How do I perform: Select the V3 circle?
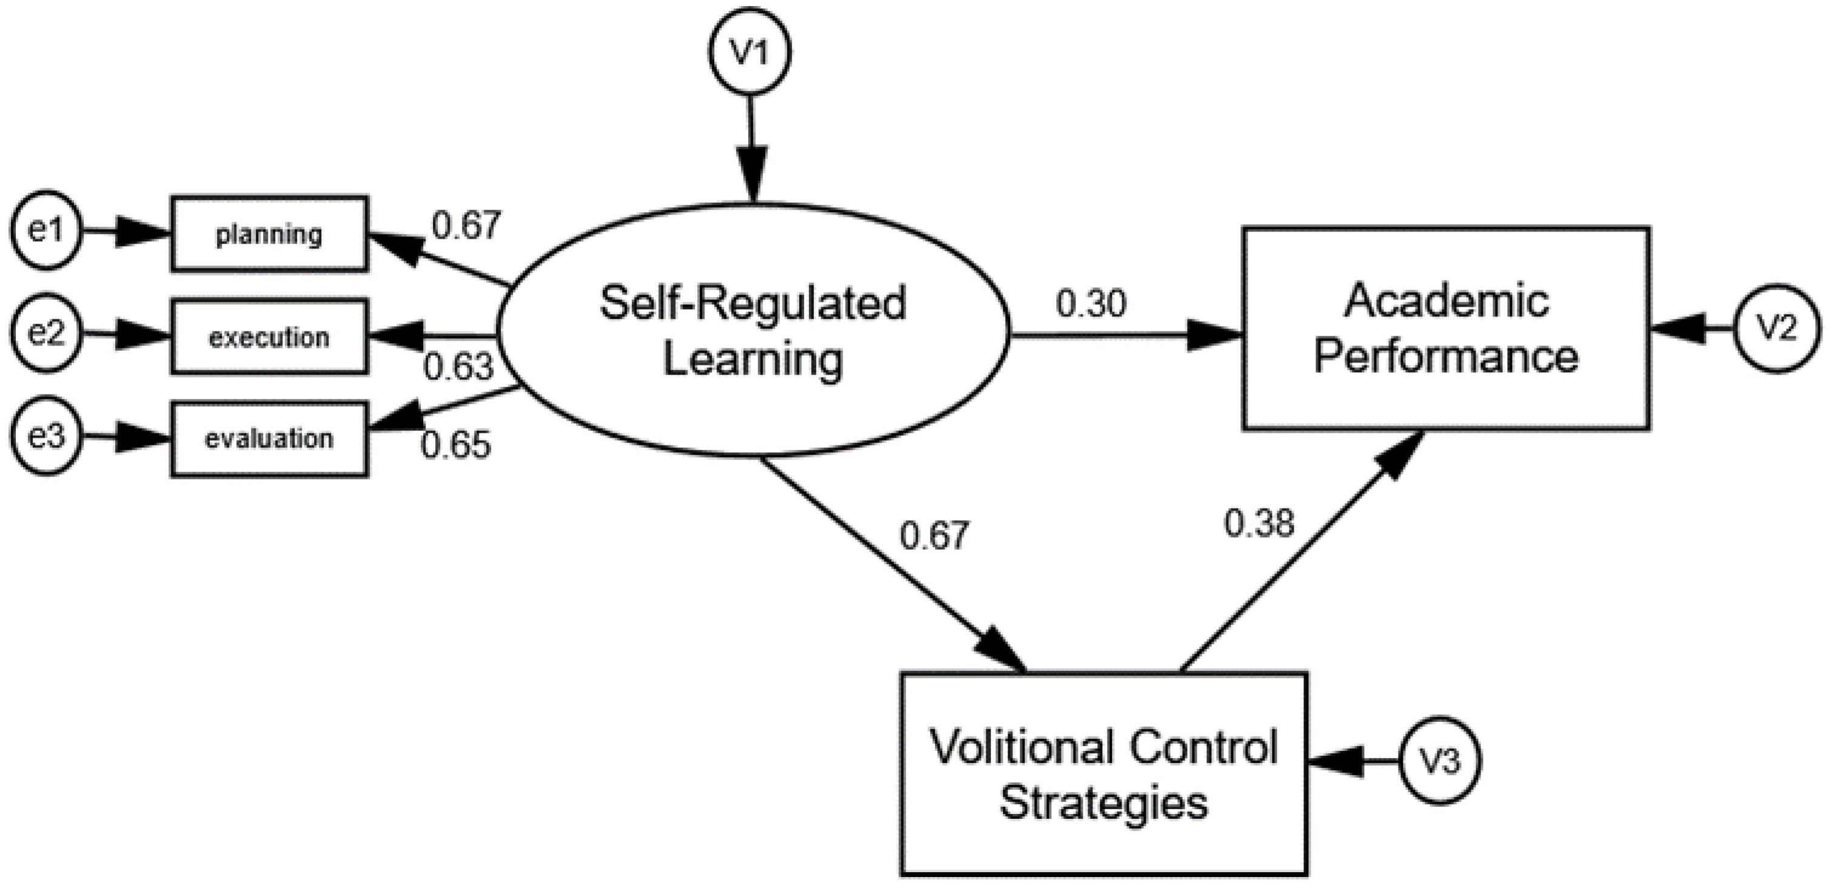(1439, 761)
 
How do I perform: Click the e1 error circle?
(46, 230)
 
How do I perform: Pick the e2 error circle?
(46, 333)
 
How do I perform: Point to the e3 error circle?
(46, 436)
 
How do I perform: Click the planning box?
(269, 233)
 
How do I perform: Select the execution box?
(269, 336)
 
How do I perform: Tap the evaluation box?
(269, 438)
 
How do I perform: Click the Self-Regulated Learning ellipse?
(752, 330)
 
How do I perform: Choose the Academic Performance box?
(1445, 328)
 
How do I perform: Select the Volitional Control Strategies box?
(1103, 774)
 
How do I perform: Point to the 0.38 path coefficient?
(1259, 524)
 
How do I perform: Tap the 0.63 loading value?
(458, 367)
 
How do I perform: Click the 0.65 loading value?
(456, 446)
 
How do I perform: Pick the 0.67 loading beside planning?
(466, 225)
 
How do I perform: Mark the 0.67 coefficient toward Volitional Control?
(934, 535)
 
